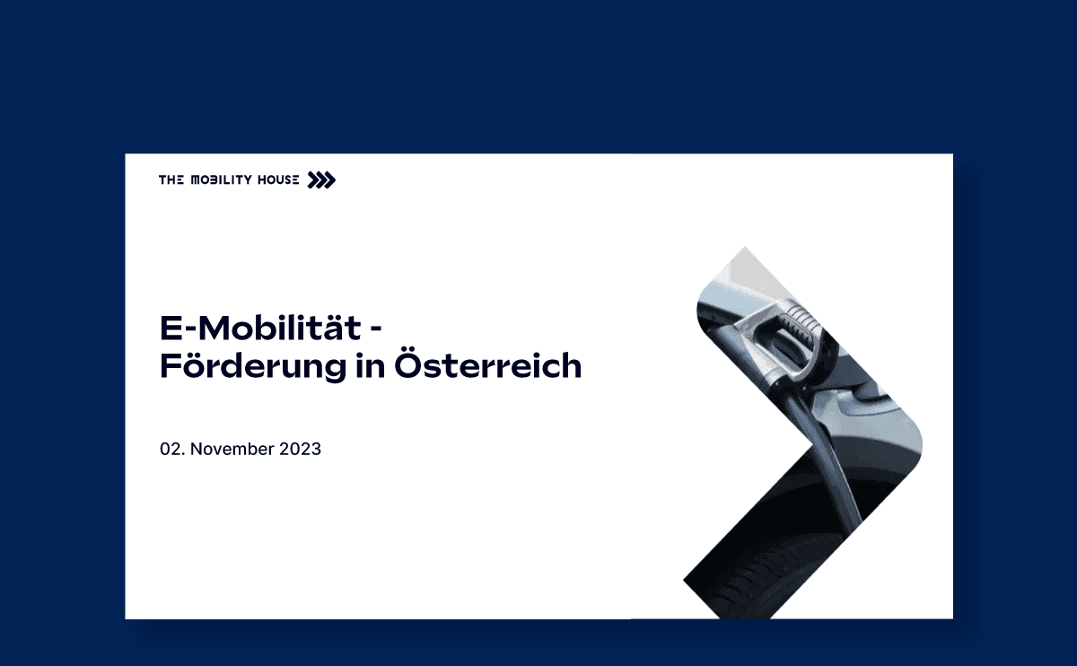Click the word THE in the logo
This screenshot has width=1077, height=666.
(171, 180)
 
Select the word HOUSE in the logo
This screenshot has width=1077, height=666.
(278, 180)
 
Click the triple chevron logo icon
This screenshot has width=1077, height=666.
(321, 180)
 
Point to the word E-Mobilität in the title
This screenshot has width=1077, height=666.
(260, 328)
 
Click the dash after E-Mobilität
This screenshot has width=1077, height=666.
(376, 329)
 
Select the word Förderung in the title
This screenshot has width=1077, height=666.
(253, 365)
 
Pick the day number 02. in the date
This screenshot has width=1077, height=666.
(172, 449)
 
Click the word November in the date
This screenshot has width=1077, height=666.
(229, 449)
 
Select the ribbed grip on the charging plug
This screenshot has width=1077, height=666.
(801, 321)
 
